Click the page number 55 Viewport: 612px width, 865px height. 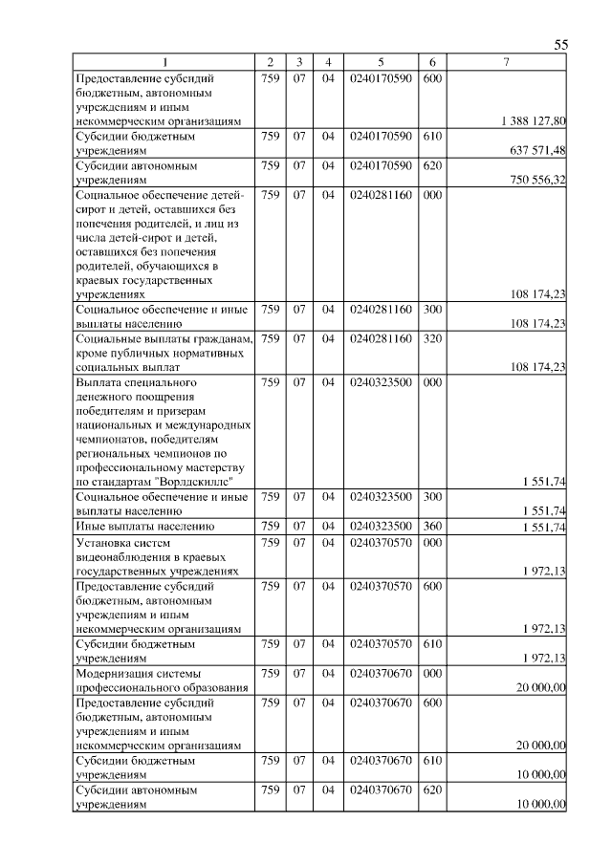560,45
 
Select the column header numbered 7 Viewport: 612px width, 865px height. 506,63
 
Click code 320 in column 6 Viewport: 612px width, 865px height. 431,338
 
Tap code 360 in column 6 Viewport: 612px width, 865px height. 431,526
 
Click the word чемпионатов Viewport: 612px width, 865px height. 111,439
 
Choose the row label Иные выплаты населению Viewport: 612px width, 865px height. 143,526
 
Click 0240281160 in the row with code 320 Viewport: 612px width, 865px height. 381,338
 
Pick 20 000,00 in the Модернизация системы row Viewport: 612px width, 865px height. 541,687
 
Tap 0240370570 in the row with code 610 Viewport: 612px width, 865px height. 381,643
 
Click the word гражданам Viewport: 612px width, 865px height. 220,338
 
